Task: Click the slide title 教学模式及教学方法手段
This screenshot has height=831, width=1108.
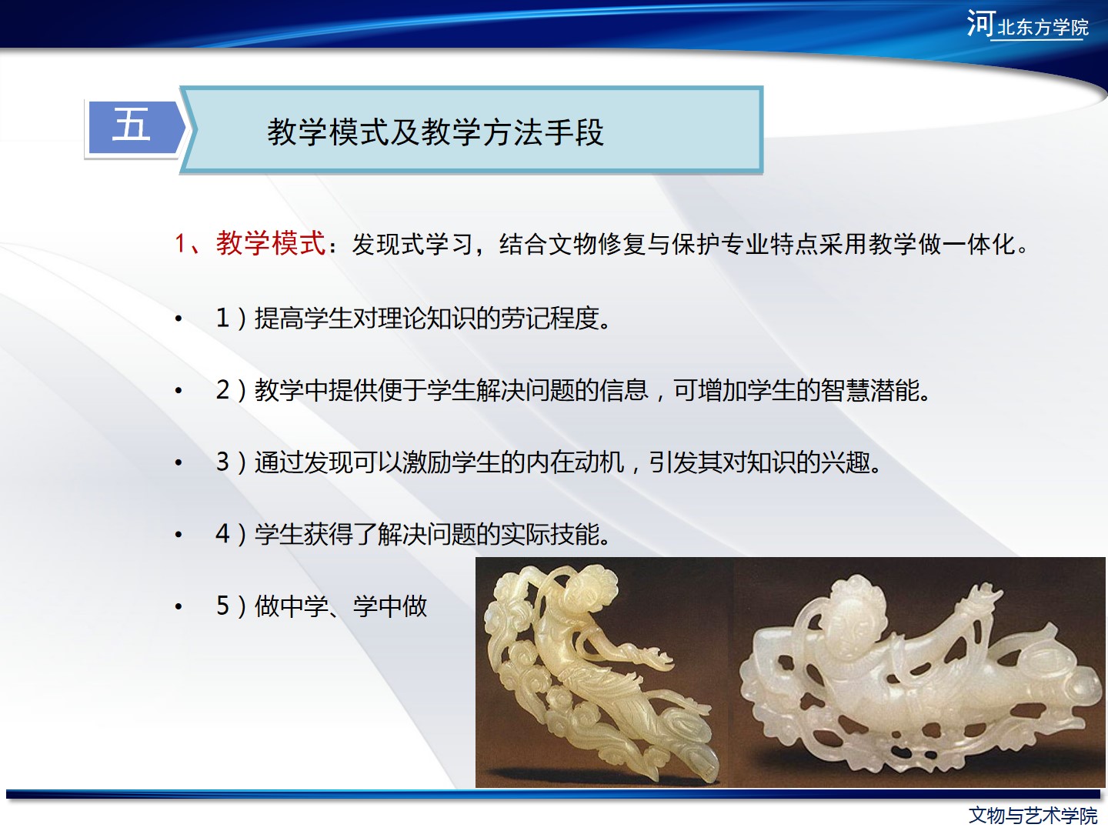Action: tap(436, 132)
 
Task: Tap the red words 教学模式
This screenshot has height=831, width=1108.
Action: tap(271, 243)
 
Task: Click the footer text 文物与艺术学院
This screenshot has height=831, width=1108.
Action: tap(1033, 816)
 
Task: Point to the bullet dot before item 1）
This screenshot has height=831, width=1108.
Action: tap(179, 319)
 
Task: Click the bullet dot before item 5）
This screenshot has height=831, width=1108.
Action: tap(179, 606)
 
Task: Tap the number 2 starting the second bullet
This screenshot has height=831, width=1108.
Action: tap(222, 390)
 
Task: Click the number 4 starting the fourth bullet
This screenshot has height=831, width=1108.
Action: tap(222, 534)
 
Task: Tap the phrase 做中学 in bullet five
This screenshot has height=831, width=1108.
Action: tap(292, 606)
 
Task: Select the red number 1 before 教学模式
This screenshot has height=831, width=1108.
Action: tap(180, 244)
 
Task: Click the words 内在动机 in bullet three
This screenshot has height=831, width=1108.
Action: tap(575, 462)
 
